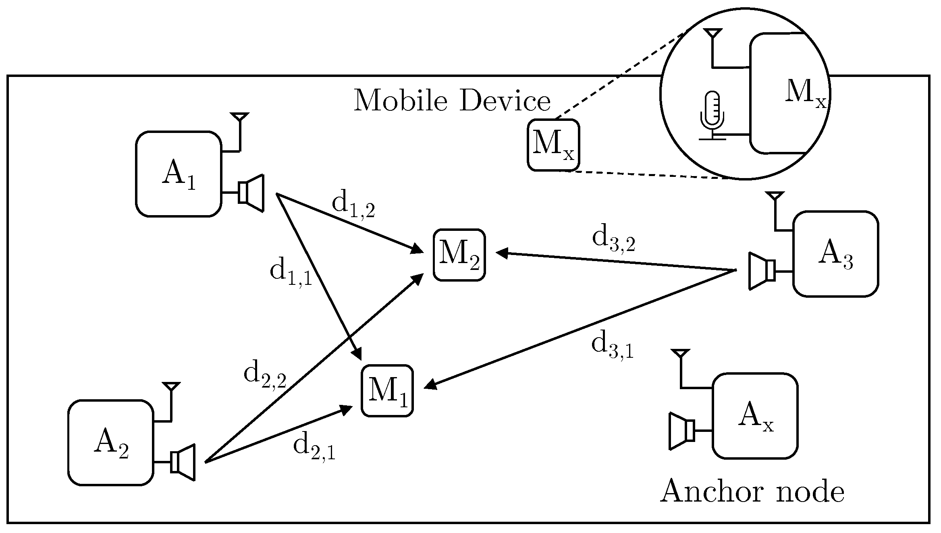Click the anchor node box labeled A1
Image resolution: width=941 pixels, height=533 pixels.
[x=179, y=174]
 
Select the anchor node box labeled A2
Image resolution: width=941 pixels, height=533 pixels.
[x=110, y=442]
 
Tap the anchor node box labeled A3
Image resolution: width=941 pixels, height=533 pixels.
[x=835, y=254]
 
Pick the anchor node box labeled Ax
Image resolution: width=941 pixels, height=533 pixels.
[x=755, y=416]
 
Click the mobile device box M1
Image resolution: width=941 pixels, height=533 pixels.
[x=387, y=391]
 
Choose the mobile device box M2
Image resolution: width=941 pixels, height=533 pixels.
[x=459, y=255]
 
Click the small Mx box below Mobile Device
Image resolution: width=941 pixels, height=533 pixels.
[x=553, y=145]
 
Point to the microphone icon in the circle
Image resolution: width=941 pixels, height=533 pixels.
[x=712, y=115]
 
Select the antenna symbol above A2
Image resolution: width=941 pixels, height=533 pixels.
[x=171, y=387]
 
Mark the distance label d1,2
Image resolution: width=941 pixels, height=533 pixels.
[x=353, y=205]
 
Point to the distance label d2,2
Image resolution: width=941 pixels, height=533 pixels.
[x=265, y=376]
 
